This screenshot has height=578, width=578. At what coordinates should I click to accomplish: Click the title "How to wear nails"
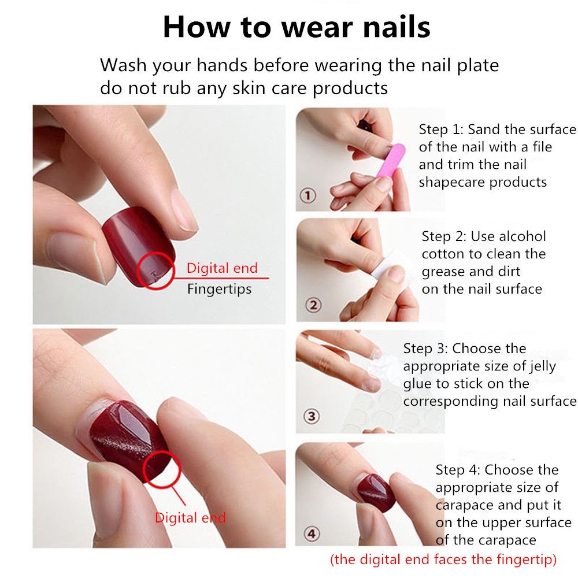297,27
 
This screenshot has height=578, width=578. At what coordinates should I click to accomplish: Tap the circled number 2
313,305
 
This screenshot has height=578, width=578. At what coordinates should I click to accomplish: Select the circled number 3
311,416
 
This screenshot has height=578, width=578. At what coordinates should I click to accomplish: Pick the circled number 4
312,533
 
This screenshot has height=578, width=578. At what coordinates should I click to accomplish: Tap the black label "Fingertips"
219,288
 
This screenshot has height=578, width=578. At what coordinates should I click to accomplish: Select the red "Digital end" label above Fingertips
222,268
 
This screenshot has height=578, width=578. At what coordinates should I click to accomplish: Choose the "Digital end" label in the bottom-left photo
190,517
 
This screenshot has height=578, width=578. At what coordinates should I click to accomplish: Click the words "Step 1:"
442,129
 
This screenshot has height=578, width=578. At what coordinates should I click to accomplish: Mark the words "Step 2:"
444,236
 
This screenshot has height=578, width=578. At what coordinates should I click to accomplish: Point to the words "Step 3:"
426,349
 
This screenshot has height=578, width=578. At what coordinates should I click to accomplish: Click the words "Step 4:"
458,469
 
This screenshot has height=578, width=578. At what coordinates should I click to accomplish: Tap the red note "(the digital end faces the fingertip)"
443,560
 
